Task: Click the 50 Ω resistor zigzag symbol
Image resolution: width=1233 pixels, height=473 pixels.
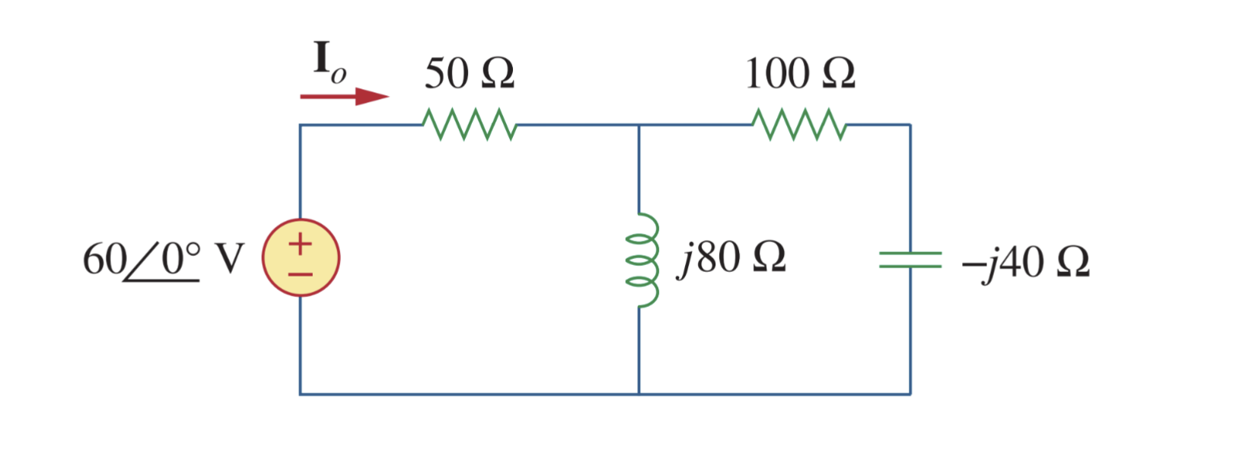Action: coord(470,125)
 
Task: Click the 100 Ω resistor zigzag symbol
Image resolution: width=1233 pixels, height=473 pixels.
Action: coord(798,125)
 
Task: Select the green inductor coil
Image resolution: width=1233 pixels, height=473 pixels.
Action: coord(642,260)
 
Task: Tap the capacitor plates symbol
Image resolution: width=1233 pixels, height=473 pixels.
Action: coord(910,260)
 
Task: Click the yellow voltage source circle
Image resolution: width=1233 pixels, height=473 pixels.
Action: coord(301,257)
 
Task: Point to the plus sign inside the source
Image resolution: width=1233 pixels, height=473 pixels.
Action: coord(301,244)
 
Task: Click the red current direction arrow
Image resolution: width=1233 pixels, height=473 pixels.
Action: coord(344,97)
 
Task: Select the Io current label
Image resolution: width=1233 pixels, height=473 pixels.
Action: coord(329,61)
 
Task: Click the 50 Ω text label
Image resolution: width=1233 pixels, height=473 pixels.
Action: coord(469,74)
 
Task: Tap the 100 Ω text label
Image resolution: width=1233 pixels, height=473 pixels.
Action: coord(800,74)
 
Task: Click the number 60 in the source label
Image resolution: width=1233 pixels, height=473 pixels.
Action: coord(104,259)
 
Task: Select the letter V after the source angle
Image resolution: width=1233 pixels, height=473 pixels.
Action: coord(230,259)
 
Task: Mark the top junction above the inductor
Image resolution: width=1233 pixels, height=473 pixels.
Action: coord(639,125)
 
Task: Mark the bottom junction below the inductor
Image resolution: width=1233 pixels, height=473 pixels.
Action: coord(639,394)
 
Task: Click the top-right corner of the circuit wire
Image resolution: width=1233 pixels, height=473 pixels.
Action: coord(910,125)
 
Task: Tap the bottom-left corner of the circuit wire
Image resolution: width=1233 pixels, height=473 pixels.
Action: coord(300,394)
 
